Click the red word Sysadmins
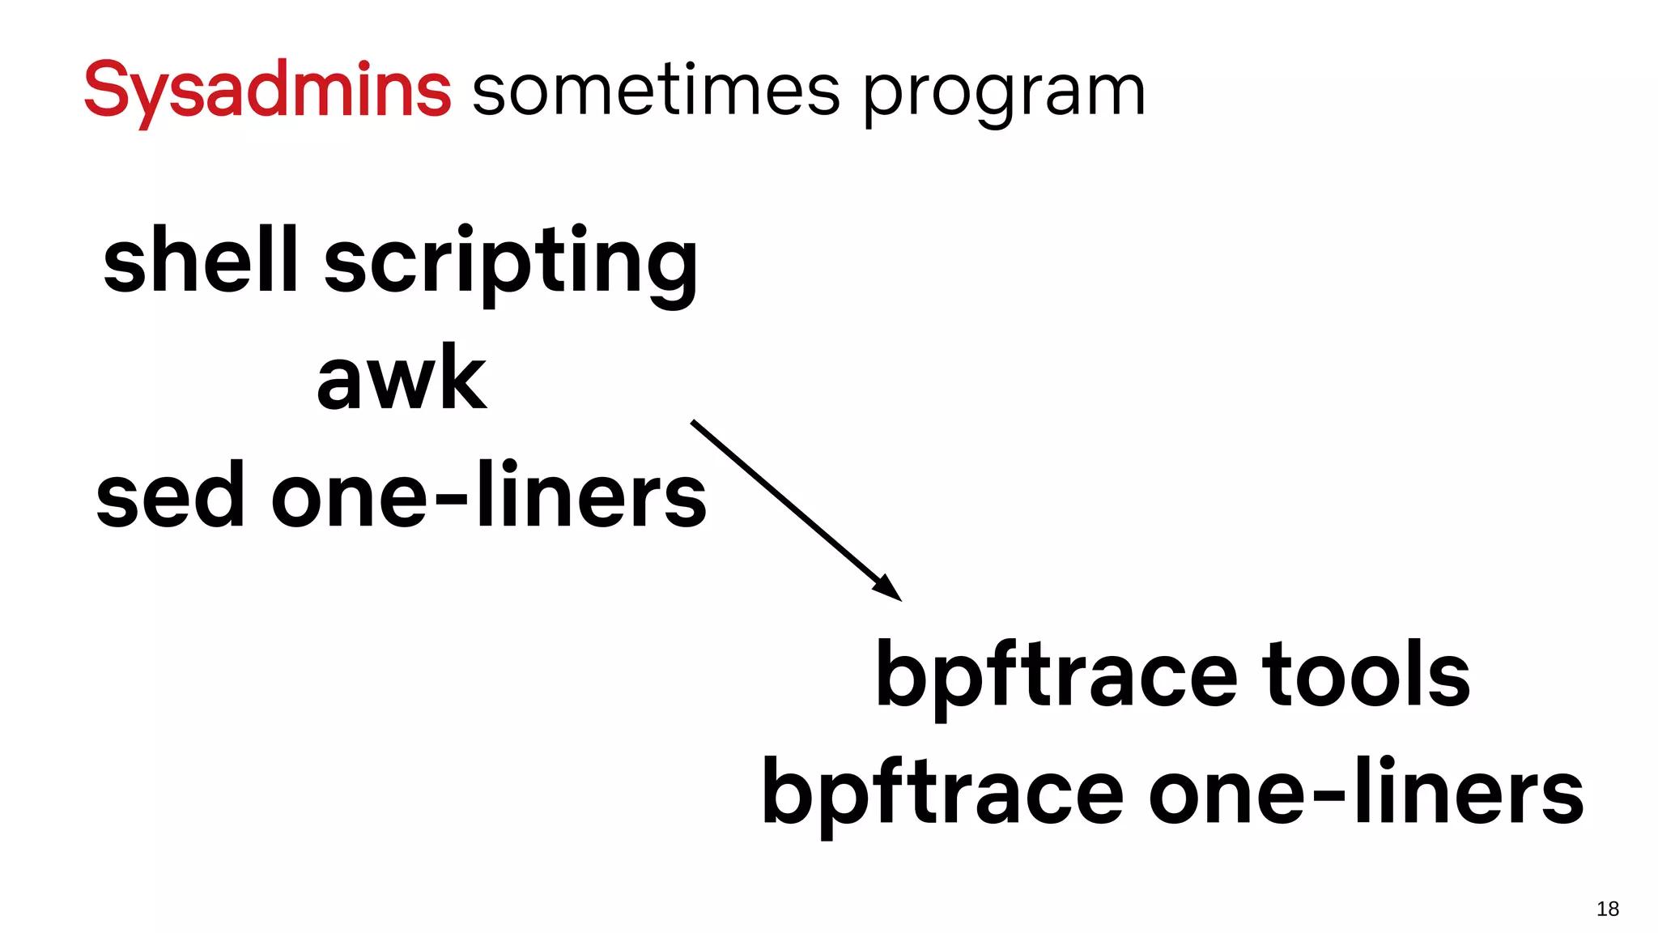[x=267, y=91]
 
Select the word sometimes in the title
[x=656, y=91]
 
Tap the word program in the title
[x=1004, y=94]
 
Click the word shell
[x=201, y=261]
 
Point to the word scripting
[x=511, y=264]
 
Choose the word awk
[x=402, y=378]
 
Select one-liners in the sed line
[x=489, y=494]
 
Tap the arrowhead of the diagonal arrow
[x=891, y=590]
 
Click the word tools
[x=1366, y=674]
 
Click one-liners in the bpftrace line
[x=1366, y=792]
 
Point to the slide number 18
[x=1607, y=909]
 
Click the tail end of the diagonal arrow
[x=694, y=423]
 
